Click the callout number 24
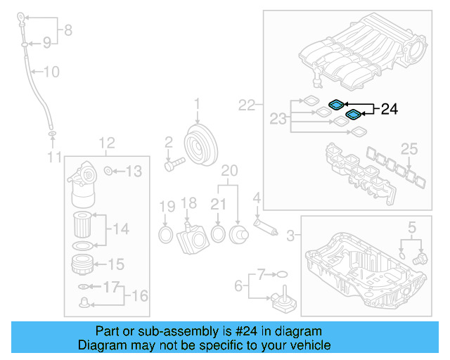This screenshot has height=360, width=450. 389,109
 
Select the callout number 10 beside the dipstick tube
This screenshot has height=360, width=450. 51,71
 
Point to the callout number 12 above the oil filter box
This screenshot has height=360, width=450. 105,143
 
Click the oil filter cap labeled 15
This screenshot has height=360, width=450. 84,266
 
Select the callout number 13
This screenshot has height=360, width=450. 134,170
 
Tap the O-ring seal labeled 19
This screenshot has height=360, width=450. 166,234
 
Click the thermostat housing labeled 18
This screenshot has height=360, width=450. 191,235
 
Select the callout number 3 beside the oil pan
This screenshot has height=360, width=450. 291,233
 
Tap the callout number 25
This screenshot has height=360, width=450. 409,148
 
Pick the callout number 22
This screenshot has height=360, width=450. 246,105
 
